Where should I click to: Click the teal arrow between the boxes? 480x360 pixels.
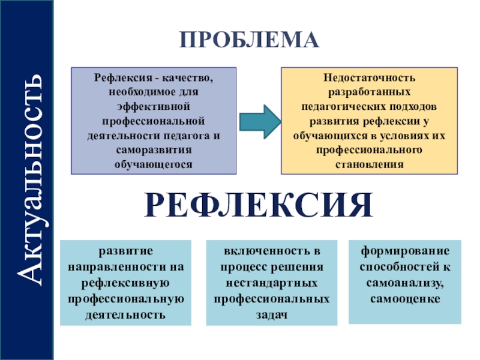point(260,119)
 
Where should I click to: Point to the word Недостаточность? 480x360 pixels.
point(369,78)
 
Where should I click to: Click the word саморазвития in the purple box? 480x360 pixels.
point(154,149)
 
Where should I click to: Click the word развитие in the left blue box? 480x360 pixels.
point(125,250)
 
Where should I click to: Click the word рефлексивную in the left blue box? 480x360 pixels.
point(125,282)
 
